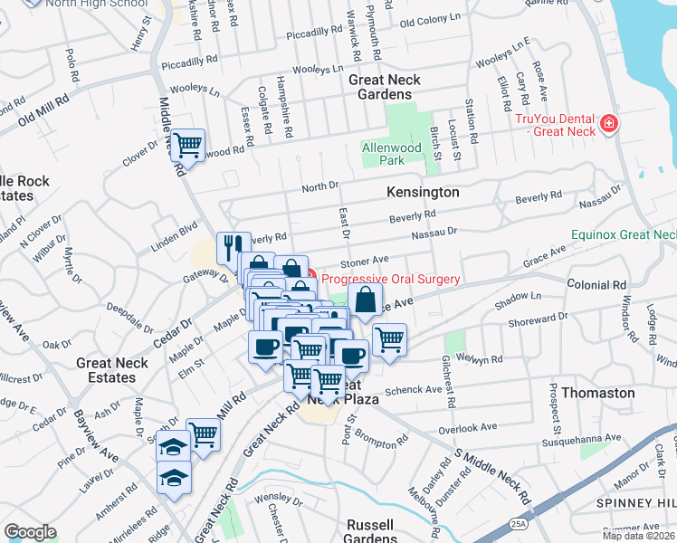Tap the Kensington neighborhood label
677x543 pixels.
click(423, 193)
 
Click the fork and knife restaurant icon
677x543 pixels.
click(233, 245)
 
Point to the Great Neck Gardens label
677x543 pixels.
click(385, 87)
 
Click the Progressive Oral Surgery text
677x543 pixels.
click(391, 280)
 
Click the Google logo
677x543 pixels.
click(29, 532)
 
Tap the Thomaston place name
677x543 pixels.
click(597, 393)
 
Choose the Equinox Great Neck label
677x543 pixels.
click(624, 234)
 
